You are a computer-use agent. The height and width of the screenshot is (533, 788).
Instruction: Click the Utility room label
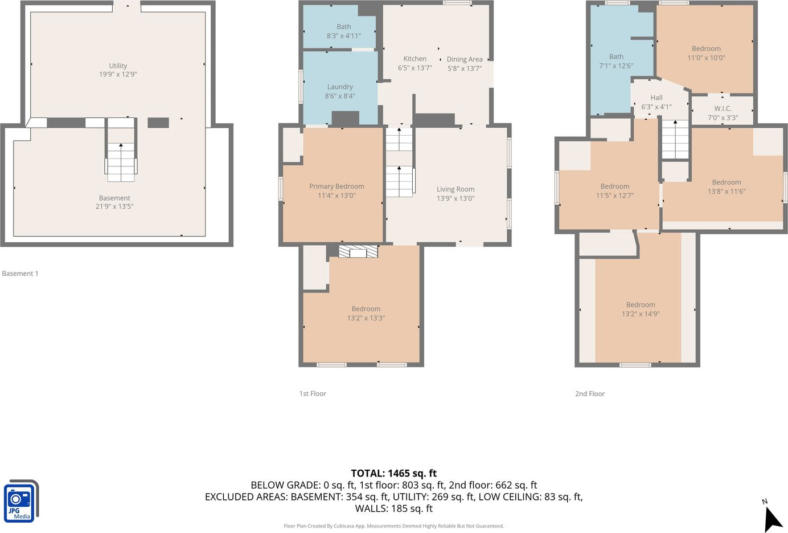(118, 66)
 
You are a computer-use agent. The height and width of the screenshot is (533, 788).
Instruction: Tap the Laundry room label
(340, 87)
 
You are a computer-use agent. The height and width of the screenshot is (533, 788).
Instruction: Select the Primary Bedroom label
(336, 186)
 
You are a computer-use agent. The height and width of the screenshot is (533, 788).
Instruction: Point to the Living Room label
(455, 189)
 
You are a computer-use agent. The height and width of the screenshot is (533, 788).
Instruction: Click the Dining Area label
(465, 59)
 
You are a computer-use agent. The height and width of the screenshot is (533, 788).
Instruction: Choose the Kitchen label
(414, 59)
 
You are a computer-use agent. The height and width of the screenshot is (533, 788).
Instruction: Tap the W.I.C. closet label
(723, 108)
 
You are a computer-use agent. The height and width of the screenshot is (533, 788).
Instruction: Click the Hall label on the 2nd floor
(656, 97)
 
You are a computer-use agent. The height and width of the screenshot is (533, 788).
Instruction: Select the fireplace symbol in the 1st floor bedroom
(358, 251)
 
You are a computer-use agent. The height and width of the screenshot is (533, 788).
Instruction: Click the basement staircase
(121, 162)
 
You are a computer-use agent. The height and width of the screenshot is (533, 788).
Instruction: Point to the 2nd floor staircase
(675, 140)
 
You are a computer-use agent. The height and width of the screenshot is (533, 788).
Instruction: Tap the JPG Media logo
(21, 501)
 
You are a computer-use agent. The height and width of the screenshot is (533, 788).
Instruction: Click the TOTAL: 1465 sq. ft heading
(393, 473)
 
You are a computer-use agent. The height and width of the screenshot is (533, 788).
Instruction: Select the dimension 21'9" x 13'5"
(114, 206)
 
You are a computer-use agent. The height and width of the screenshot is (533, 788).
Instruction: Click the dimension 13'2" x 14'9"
(641, 314)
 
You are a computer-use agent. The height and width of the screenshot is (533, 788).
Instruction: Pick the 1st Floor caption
(313, 393)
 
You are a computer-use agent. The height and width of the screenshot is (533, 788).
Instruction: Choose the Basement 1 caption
(20, 274)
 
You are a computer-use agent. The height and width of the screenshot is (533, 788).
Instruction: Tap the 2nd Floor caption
(590, 394)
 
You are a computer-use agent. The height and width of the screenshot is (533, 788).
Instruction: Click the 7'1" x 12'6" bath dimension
(616, 66)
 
